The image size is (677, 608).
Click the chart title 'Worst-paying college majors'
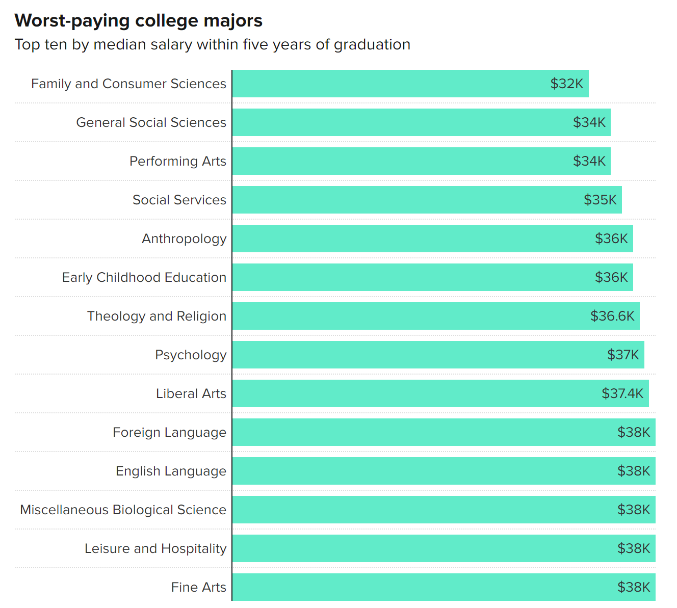138,21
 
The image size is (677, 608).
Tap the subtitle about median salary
212,45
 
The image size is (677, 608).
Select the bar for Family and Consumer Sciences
387,84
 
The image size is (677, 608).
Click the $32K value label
566,84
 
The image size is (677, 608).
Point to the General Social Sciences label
151,122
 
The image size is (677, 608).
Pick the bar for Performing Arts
398,161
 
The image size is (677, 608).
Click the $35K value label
600,200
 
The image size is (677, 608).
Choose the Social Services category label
179,200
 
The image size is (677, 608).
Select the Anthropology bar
408,239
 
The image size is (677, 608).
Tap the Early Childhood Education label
144,277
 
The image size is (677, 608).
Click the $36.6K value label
612,316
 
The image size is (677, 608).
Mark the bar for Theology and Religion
408,316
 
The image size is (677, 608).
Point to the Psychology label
191,355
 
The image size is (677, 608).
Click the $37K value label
622,355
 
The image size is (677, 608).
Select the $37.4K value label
622,393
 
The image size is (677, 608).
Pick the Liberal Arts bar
408,393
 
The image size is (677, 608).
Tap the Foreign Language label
169,432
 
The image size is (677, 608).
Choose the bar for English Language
418,471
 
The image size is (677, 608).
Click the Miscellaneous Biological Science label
123,510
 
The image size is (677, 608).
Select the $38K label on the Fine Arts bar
634,587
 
